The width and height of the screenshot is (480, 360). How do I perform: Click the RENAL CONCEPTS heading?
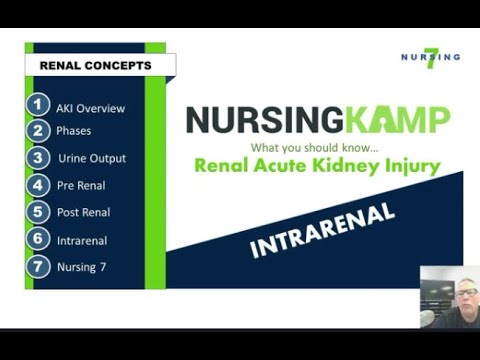pyautogui.click(x=95, y=66)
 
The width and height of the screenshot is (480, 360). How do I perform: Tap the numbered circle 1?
pyautogui.click(x=39, y=105)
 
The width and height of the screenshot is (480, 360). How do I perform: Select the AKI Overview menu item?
pyautogui.click(x=91, y=108)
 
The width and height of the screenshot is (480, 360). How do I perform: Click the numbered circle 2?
pyautogui.click(x=39, y=131)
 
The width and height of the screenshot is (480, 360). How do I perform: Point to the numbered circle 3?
pyautogui.click(x=39, y=158)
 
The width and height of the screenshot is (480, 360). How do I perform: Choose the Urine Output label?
pyautogui.click(x=92, y=158)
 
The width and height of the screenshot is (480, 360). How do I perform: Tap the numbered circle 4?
pyautogui.click(x=39, y=185)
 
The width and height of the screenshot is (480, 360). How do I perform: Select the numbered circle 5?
pyautogui.click(x=39, y=212)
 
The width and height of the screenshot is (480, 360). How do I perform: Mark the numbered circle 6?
pyautogui.click(x=39, y=239)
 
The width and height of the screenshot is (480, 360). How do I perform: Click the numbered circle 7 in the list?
pyautogui.click(x=39, y=266)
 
